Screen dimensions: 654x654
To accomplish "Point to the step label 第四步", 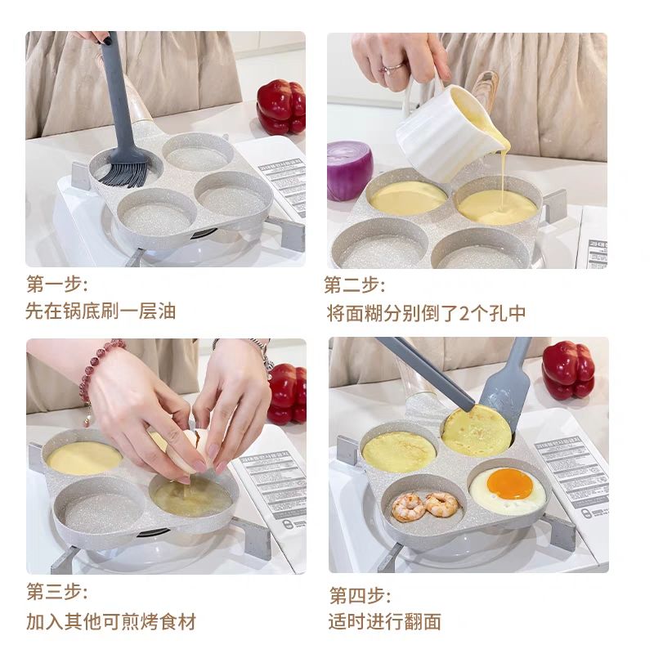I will pos(360,594).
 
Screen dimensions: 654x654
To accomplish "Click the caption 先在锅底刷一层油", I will pos(101,311).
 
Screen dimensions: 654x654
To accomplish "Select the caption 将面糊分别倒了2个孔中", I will pos(425,312).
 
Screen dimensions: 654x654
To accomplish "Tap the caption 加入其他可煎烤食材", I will pos(111,620).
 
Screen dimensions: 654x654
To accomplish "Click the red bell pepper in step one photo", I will pos(280,106).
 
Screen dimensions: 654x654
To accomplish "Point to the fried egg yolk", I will pos(509,484).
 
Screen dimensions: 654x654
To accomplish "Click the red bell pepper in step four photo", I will pos(568,370).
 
